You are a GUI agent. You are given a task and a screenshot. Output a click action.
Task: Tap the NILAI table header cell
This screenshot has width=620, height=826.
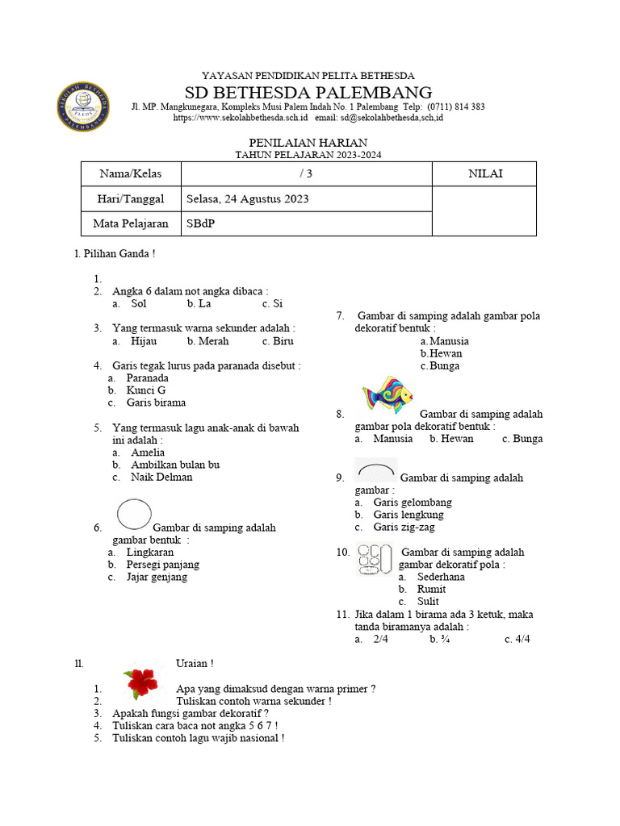pyautogui.click(x=484, y=173)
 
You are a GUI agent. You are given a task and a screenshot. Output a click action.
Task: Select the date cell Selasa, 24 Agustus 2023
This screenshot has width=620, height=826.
pyautogui.click(x=247, y=198)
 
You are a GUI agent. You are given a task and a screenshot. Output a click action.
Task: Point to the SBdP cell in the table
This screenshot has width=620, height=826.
pyautogui.click(x=201, y=223)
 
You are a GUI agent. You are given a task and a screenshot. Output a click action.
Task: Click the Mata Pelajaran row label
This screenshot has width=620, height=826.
pyautogui.click(x=131, y=223)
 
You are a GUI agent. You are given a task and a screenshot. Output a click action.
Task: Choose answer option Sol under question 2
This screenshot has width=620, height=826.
pyautogui.click(x=138, y=303)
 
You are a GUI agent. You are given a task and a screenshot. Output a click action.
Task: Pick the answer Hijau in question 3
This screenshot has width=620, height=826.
pyautogui.click(x=143, y=340)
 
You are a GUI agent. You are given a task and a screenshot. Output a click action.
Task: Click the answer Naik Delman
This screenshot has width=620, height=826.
pyautogui.click(x=161, y=477)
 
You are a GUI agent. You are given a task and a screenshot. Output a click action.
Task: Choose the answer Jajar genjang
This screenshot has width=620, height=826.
pyautogui.click(x=157, y=577)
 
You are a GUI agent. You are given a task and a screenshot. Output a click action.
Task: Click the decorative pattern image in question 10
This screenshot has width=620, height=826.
pyautogui.click(x=375, y=560)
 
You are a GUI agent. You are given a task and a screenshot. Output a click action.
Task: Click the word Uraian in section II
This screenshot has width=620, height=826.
pyautogui.click(x=195, y=663)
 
